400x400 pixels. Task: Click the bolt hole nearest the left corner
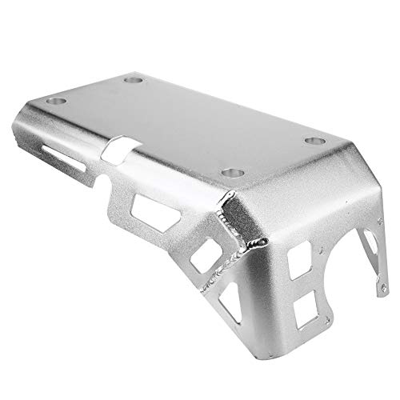pyautogui.click(x=55, y=102)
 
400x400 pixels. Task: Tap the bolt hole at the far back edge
pyautogui.click(x=131, y=81)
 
